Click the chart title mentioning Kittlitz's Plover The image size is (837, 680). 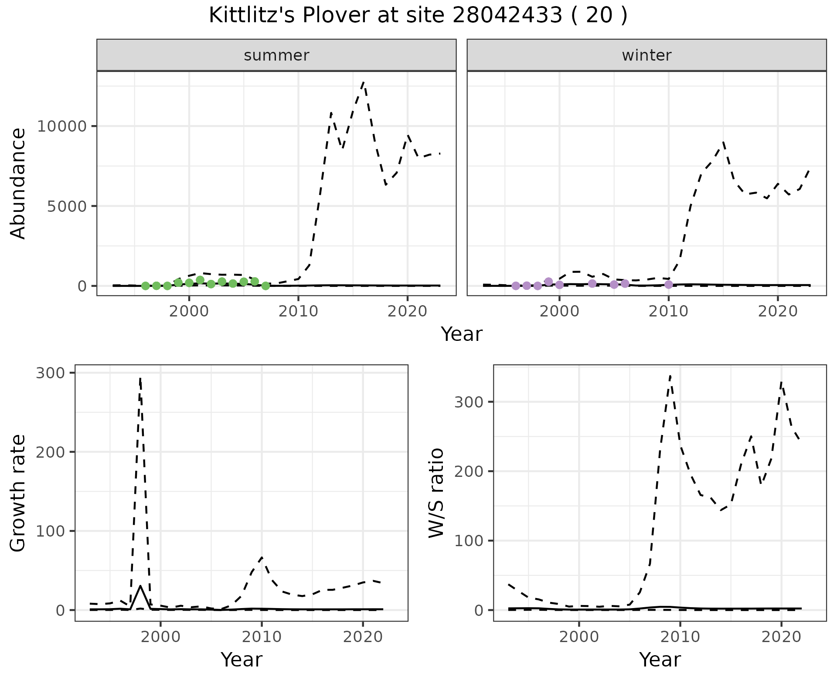point(418,16)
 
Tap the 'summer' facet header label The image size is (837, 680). point(276,55)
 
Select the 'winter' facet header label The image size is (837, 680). point(646,55)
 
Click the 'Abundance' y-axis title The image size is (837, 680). point(18,184)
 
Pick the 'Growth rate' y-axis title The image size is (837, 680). point(18,493)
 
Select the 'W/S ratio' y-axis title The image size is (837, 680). point(436,493)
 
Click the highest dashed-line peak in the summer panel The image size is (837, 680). point(364,82)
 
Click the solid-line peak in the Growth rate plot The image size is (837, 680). point(140,586)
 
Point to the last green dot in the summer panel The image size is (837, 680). point(265,286)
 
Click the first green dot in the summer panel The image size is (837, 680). point(146,286)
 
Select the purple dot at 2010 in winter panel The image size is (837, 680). point(669,285)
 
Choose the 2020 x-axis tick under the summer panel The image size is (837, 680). point(407,311)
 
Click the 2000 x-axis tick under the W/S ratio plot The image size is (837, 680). point(579,637)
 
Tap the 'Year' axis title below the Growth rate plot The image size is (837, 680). point(242,660)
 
